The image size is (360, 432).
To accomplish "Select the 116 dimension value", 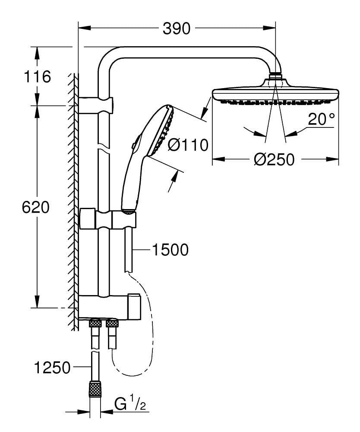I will pos(38,77).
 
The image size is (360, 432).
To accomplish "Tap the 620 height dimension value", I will pos(36,207).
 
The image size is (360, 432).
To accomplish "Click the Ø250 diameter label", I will pos(275,160).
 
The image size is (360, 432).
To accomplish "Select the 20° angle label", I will pos(321,119).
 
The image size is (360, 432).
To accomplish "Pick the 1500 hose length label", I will pos(170,249).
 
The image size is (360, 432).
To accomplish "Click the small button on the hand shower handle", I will pos(135,143).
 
